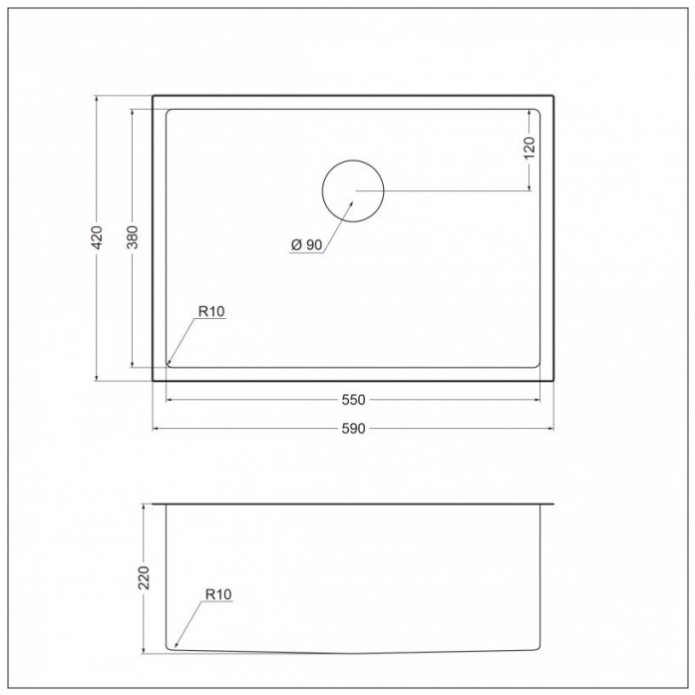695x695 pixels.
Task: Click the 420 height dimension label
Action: [x=97, y=237]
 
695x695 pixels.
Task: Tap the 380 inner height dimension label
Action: [x=133, y=237]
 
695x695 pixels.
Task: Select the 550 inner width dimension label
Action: [x=353, y=400]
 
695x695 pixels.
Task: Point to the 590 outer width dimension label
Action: [x=353, y=429]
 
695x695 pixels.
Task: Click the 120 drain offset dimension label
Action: [x=529, y=148]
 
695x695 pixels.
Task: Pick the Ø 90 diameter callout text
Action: [x=307, y=244]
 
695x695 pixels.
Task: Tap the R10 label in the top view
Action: [x=211, y=311]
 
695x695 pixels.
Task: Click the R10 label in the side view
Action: [x=218, y=594]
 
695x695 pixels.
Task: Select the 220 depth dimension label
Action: [x=144, y=578]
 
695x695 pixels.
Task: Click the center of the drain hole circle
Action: [x=353, y=191]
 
